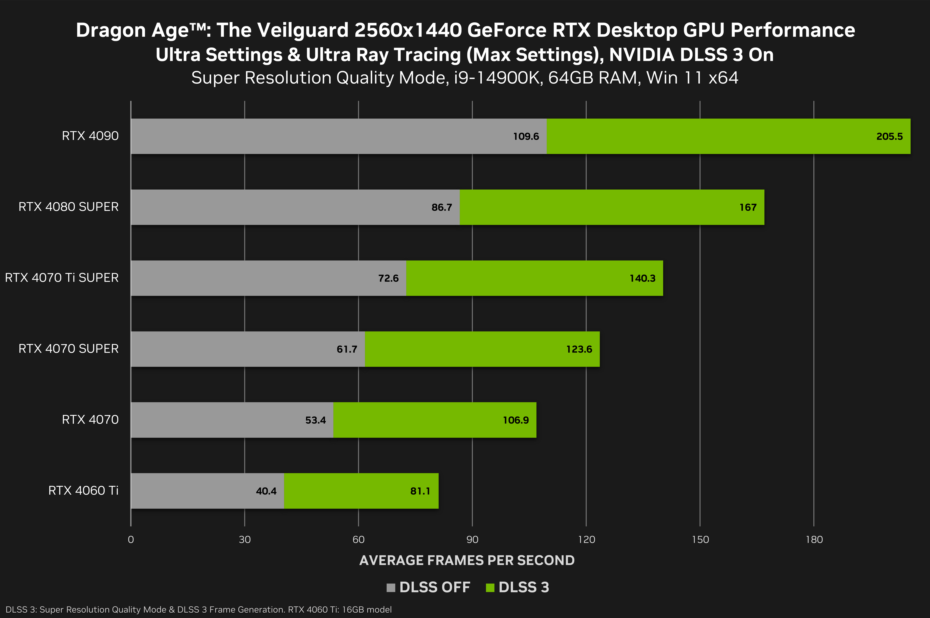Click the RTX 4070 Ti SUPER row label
point(62,278)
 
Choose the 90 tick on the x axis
point(472,540)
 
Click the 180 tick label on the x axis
point(814,540)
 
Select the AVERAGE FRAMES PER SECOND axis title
point(467,561)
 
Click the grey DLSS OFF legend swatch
point(391,588)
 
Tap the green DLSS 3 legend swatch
point(490,588)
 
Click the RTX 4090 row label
point(90,136)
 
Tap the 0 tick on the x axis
point(131,540)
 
